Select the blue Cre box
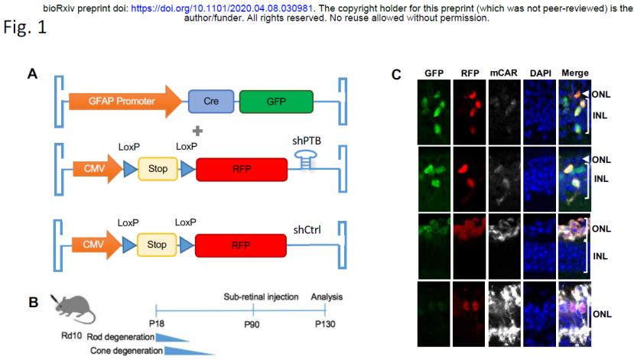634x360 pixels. point(212,101)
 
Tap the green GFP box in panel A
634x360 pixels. point(275,101)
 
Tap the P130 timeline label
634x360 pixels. point(326,323)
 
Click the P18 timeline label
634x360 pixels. point(156,323)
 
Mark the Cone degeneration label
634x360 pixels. point(127,350)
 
